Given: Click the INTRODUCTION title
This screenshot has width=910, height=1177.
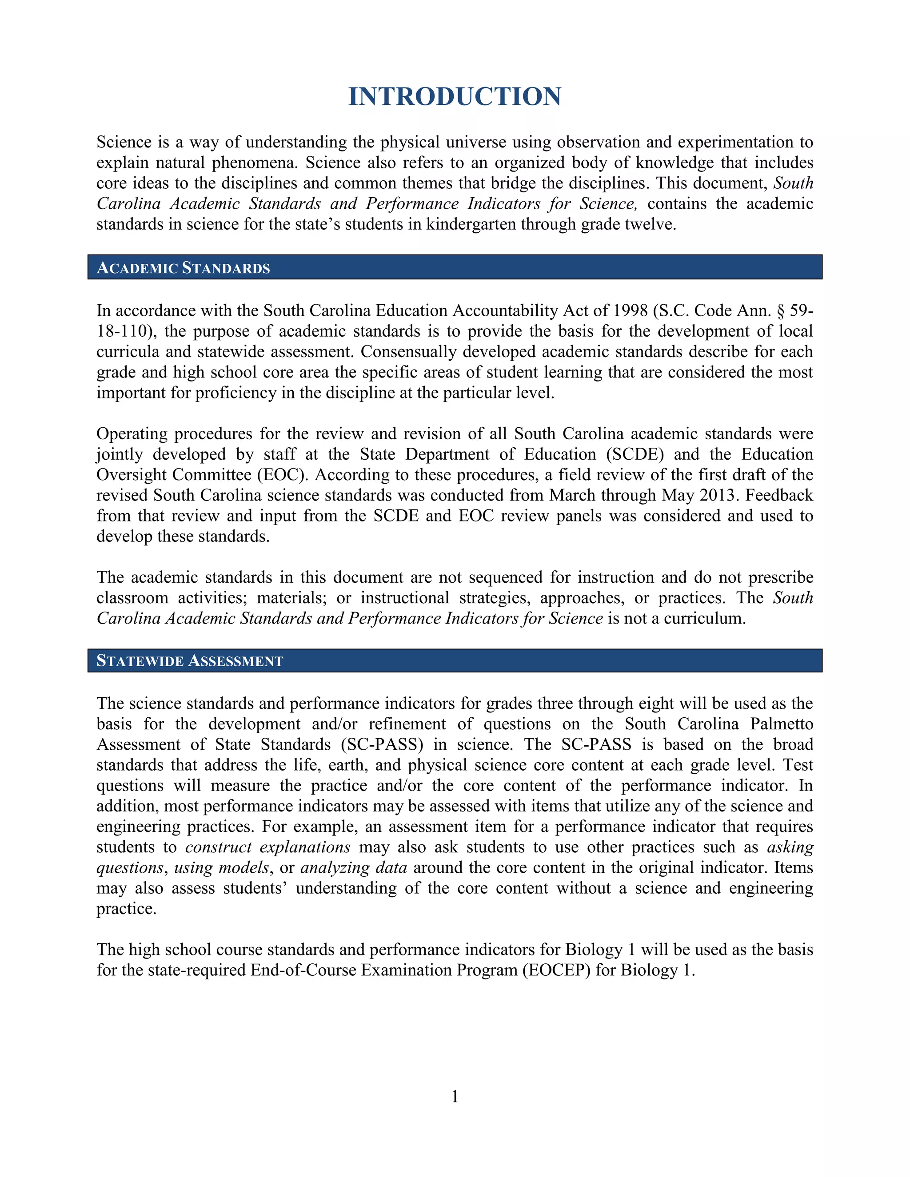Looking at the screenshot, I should pyautogui.click(x=455, y=97).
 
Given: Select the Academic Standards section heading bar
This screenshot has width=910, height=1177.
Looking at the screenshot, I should pyautogui.click(x=455, y=267).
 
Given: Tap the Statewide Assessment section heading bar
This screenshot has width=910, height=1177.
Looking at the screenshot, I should pyautogui.click(x=455, y=661).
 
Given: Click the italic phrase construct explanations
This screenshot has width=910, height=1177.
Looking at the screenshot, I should pyautogui.click(x=268, y=847).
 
